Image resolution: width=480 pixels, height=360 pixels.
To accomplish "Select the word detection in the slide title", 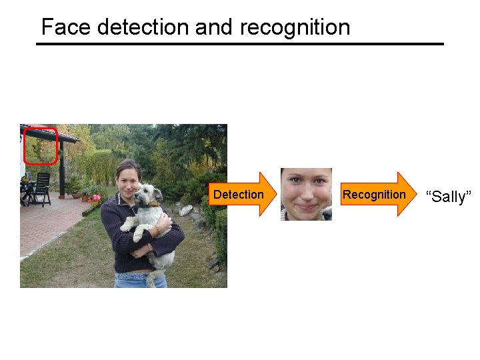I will tap(143, 27).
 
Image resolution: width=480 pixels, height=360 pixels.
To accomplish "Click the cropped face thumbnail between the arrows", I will tap(306, 194).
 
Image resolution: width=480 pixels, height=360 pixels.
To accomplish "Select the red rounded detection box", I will tap(41, 146).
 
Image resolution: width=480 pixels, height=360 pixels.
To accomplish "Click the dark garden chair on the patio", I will tap(41, 188).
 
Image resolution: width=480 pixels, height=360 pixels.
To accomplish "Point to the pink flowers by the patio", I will tap(96, 198).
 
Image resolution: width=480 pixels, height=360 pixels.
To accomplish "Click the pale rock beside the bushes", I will tap(187, 211).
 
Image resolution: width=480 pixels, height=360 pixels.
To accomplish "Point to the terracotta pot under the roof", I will tap(85, 197).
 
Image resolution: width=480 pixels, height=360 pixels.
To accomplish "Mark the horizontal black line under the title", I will tap(240, 44).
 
